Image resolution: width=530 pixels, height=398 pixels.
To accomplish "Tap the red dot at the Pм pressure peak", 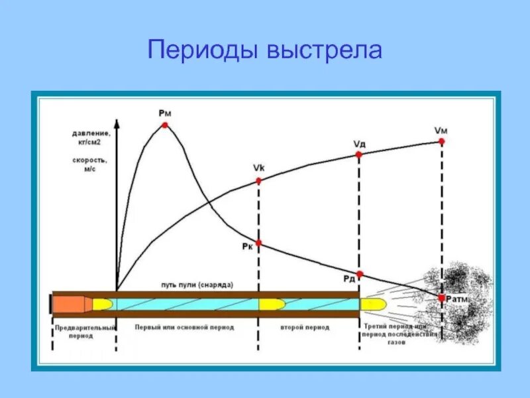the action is coord(164,125).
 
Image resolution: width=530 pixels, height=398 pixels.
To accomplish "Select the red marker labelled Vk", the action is coord(258,180).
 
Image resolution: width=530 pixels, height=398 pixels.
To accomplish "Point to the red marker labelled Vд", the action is coord(358,154).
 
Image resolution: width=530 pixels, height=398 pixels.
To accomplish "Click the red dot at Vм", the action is coord(442,141).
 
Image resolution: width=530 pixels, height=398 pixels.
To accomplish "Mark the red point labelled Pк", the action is coord(258,243).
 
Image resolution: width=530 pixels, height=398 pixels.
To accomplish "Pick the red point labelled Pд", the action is coord(359,274).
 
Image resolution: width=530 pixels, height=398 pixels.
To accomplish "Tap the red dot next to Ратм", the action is coord(442,298).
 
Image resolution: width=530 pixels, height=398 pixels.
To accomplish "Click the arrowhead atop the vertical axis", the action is coord(117,123).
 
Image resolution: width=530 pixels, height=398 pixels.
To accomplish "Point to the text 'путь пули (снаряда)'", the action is coord(197,285).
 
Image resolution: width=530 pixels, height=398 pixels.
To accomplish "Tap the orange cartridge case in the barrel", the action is coord(72,304).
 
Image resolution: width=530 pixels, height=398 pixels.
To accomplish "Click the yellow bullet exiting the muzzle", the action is coord(372,304).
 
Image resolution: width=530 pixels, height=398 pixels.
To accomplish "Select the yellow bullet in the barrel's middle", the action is coord(272,304).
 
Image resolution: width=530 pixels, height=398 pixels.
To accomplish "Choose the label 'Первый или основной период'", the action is coord(184,328).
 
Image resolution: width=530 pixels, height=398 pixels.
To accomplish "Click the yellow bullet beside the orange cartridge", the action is coord(103,304).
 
